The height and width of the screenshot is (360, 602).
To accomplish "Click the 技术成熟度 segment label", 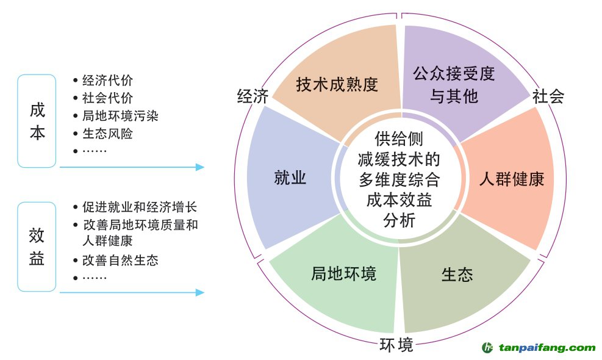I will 337,84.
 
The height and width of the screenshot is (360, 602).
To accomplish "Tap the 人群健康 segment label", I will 511,179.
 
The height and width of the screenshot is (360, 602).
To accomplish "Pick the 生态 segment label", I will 457,275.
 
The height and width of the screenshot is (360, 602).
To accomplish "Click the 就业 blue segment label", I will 290,178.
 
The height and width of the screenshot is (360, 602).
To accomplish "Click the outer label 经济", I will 253,96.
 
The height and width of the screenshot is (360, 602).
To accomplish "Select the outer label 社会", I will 548,96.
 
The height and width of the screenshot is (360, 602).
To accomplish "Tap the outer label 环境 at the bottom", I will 396,345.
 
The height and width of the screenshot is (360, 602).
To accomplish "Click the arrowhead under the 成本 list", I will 199,167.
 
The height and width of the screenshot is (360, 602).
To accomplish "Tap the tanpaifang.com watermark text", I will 546,348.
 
